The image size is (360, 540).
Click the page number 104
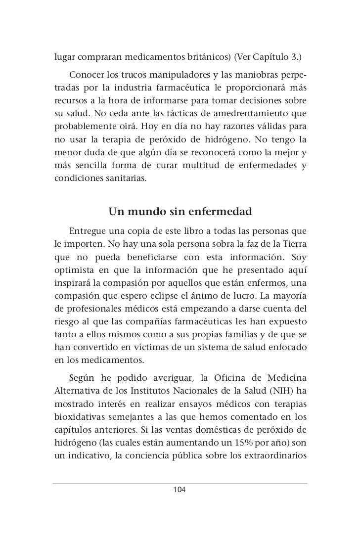pyautogui.click(x=180, y=490)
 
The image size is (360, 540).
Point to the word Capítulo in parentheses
pyautogui.click(x=274, y=56)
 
